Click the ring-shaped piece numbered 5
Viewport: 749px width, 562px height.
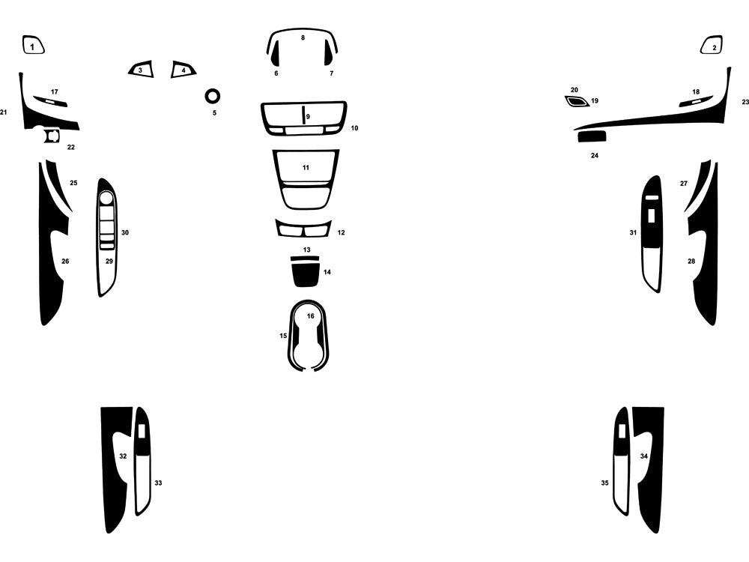(x=213, y=91)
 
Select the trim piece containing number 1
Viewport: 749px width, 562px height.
(x=33, y=45)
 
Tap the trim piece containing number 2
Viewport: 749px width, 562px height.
(x=712, y=45)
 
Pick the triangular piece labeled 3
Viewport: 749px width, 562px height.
(x=141, y=70)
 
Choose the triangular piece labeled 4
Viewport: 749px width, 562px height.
(x=184, y=70)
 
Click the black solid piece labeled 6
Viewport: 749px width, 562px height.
(x=276, y=53)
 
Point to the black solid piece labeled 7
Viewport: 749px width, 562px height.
(x=329, y=52)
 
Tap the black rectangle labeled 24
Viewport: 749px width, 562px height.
(x=592, y=136)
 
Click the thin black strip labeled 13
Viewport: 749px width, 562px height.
(x=305, y=259)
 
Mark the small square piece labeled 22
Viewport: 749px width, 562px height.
(x=52, y=136)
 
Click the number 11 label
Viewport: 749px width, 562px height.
(x=306, y=168)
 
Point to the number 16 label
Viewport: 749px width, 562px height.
(x=311, y=316)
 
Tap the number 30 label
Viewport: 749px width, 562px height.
(x=124, y=233)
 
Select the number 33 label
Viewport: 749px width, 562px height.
(x=158, y=483)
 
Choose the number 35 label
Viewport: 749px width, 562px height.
(x=604, y=483)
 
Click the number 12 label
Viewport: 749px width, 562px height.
(x=341, y=233)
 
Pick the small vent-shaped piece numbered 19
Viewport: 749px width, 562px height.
(x=577, y=101)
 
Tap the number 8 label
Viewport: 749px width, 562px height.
(x=303, y=37)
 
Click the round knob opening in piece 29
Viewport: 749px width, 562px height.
(x=106, y=198)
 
